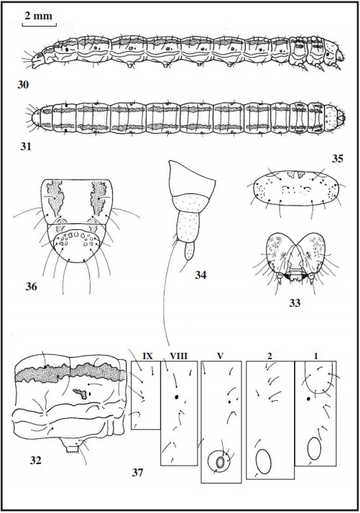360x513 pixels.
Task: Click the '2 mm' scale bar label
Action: pyautogui.click(x=38, y=16)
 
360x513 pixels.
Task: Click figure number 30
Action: pyautogui.click(x=23, y=85)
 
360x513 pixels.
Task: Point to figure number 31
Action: pyautogui.click(x=26, y=147)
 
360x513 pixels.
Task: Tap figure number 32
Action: pyautogui.click(x=36, y=461)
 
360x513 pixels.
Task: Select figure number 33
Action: pyautogui.click(x=295, y=303)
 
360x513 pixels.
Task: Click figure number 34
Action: pyautogui.click(x=200, y=275)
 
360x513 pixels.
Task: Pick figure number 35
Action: pyautogui.click(x=338, y=159)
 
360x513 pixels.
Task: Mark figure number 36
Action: pyautogui.click(x=32, y=287)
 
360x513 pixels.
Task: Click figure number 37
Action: pyautogui.click(x=138, y=472)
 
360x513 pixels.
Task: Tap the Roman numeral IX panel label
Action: pyautogui.click(x=148, y=356)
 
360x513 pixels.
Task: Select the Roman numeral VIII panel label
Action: pyautogui.click(x=179, y=356)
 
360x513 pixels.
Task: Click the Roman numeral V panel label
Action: pyautogui.click(x=221, y=356)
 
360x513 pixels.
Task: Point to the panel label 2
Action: pyautogui.click(x=269, y=356)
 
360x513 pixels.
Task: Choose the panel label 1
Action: pyautogui.click(x=316, y=356)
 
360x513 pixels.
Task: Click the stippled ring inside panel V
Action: pyautogui.click(x=219, y=463)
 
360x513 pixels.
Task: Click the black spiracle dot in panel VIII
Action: pyautogui.click(x=177, y=397)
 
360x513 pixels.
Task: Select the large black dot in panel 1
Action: pyautogui.click(x=308, y=399)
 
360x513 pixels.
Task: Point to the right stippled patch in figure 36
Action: pyautogui.click(x=98, y=198)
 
